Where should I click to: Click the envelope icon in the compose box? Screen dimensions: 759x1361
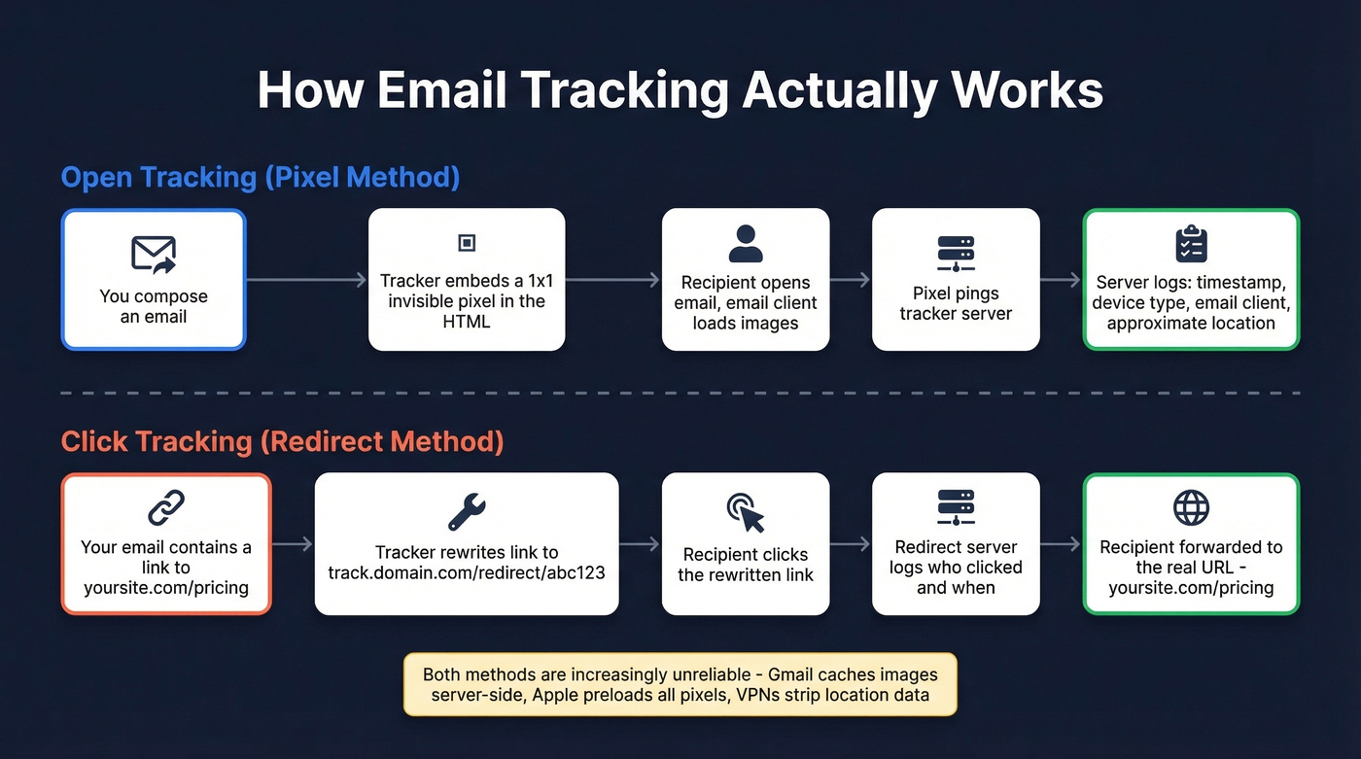point(154,254)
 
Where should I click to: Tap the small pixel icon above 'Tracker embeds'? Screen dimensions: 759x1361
point(467,243)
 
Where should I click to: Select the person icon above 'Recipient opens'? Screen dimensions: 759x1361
point(746,244)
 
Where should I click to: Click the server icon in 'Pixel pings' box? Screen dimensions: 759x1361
point(956,254)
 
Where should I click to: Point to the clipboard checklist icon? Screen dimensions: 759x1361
point(1191,244)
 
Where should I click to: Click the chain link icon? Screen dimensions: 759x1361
point(166,508)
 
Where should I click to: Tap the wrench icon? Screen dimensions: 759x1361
point(467,510)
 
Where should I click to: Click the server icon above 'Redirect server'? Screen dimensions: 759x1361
point(956,508)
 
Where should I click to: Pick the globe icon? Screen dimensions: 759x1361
point(1191,507)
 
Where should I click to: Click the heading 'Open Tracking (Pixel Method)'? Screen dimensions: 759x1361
point(261,178)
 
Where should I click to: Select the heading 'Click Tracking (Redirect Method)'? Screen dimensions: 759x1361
point(282,442)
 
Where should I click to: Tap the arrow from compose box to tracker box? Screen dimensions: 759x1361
point(307,280)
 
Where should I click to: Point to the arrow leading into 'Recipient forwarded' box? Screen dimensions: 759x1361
point(1062,544)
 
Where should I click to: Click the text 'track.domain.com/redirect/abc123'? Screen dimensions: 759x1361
point(467,572)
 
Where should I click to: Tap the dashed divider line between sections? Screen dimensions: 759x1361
point(680,394)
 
